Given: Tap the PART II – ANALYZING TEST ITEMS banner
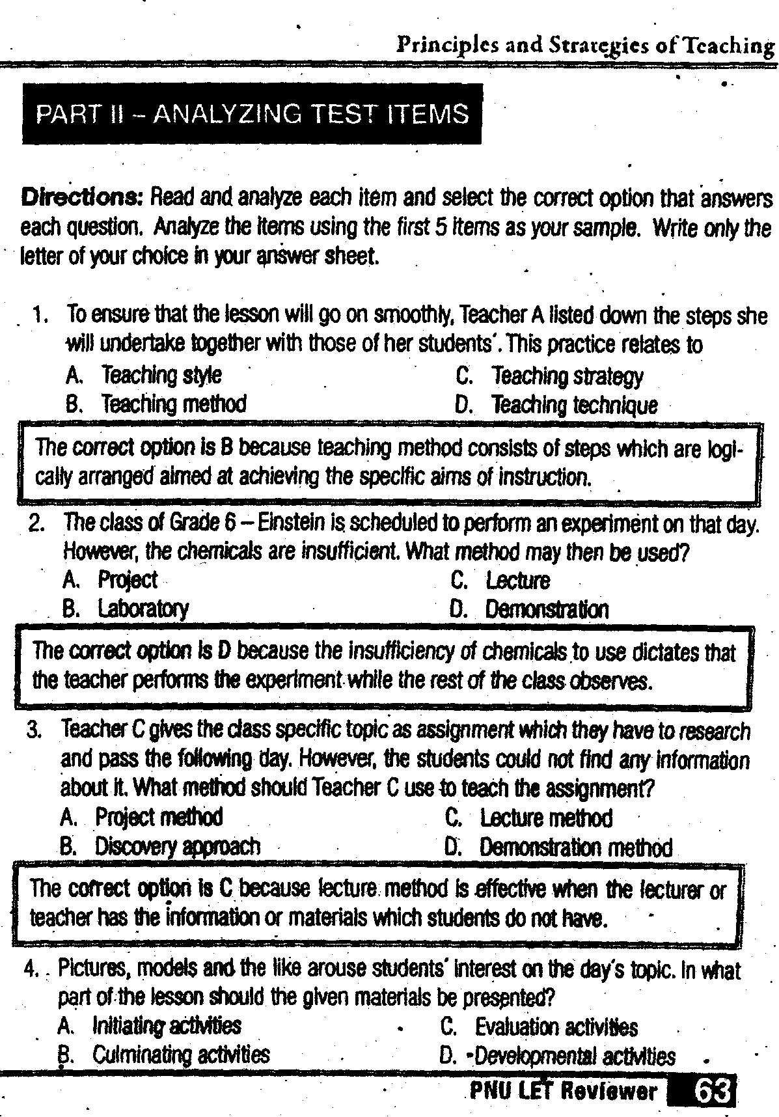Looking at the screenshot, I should click(x=252, y=114).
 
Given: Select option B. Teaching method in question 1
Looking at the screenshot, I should click(x=156, y=404).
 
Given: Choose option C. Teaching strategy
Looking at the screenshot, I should click(x=549, y=376).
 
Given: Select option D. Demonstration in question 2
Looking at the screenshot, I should click(x=529, y=609).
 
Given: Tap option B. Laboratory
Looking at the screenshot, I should click(x=126, y=609).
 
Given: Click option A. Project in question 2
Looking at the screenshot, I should click(x=110, y=579).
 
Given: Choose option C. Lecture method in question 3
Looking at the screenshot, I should click(x=528, y=818).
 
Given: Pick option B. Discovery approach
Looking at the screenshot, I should click(x=160, y=846).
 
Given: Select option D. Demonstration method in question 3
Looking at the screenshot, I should click(x=558, y=848).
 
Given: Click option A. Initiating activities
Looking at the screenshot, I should click(x=149, y=1027).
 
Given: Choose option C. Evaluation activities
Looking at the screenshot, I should click(x=539, y=1027).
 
